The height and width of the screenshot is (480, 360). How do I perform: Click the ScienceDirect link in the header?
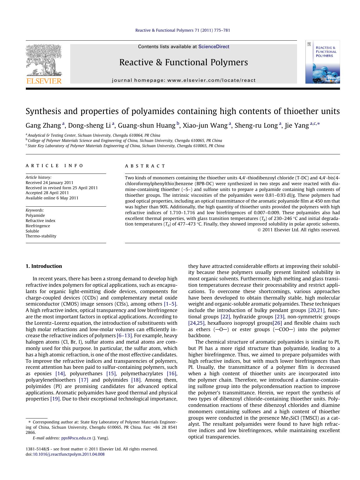point(214,46)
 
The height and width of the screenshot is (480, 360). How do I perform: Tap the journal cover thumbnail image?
point(322,62)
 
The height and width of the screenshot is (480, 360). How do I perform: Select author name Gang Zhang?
point(43,125)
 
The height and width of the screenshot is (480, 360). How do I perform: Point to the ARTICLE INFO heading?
point(55,166)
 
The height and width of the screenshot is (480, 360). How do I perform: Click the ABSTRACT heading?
point(145,166)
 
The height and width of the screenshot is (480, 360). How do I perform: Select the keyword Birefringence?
point(38,226)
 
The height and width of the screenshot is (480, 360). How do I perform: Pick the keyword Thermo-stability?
point(41,236)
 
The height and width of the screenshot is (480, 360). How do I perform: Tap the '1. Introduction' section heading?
point(44,266)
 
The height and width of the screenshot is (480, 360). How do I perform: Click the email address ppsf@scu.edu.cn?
point(76,438)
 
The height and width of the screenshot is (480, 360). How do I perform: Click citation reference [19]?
point(55,399)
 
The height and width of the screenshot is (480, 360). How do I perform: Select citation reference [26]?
point(277,323)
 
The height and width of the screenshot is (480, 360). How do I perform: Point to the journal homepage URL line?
point(184,80)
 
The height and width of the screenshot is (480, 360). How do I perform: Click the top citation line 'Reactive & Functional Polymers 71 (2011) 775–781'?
point(183,30)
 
